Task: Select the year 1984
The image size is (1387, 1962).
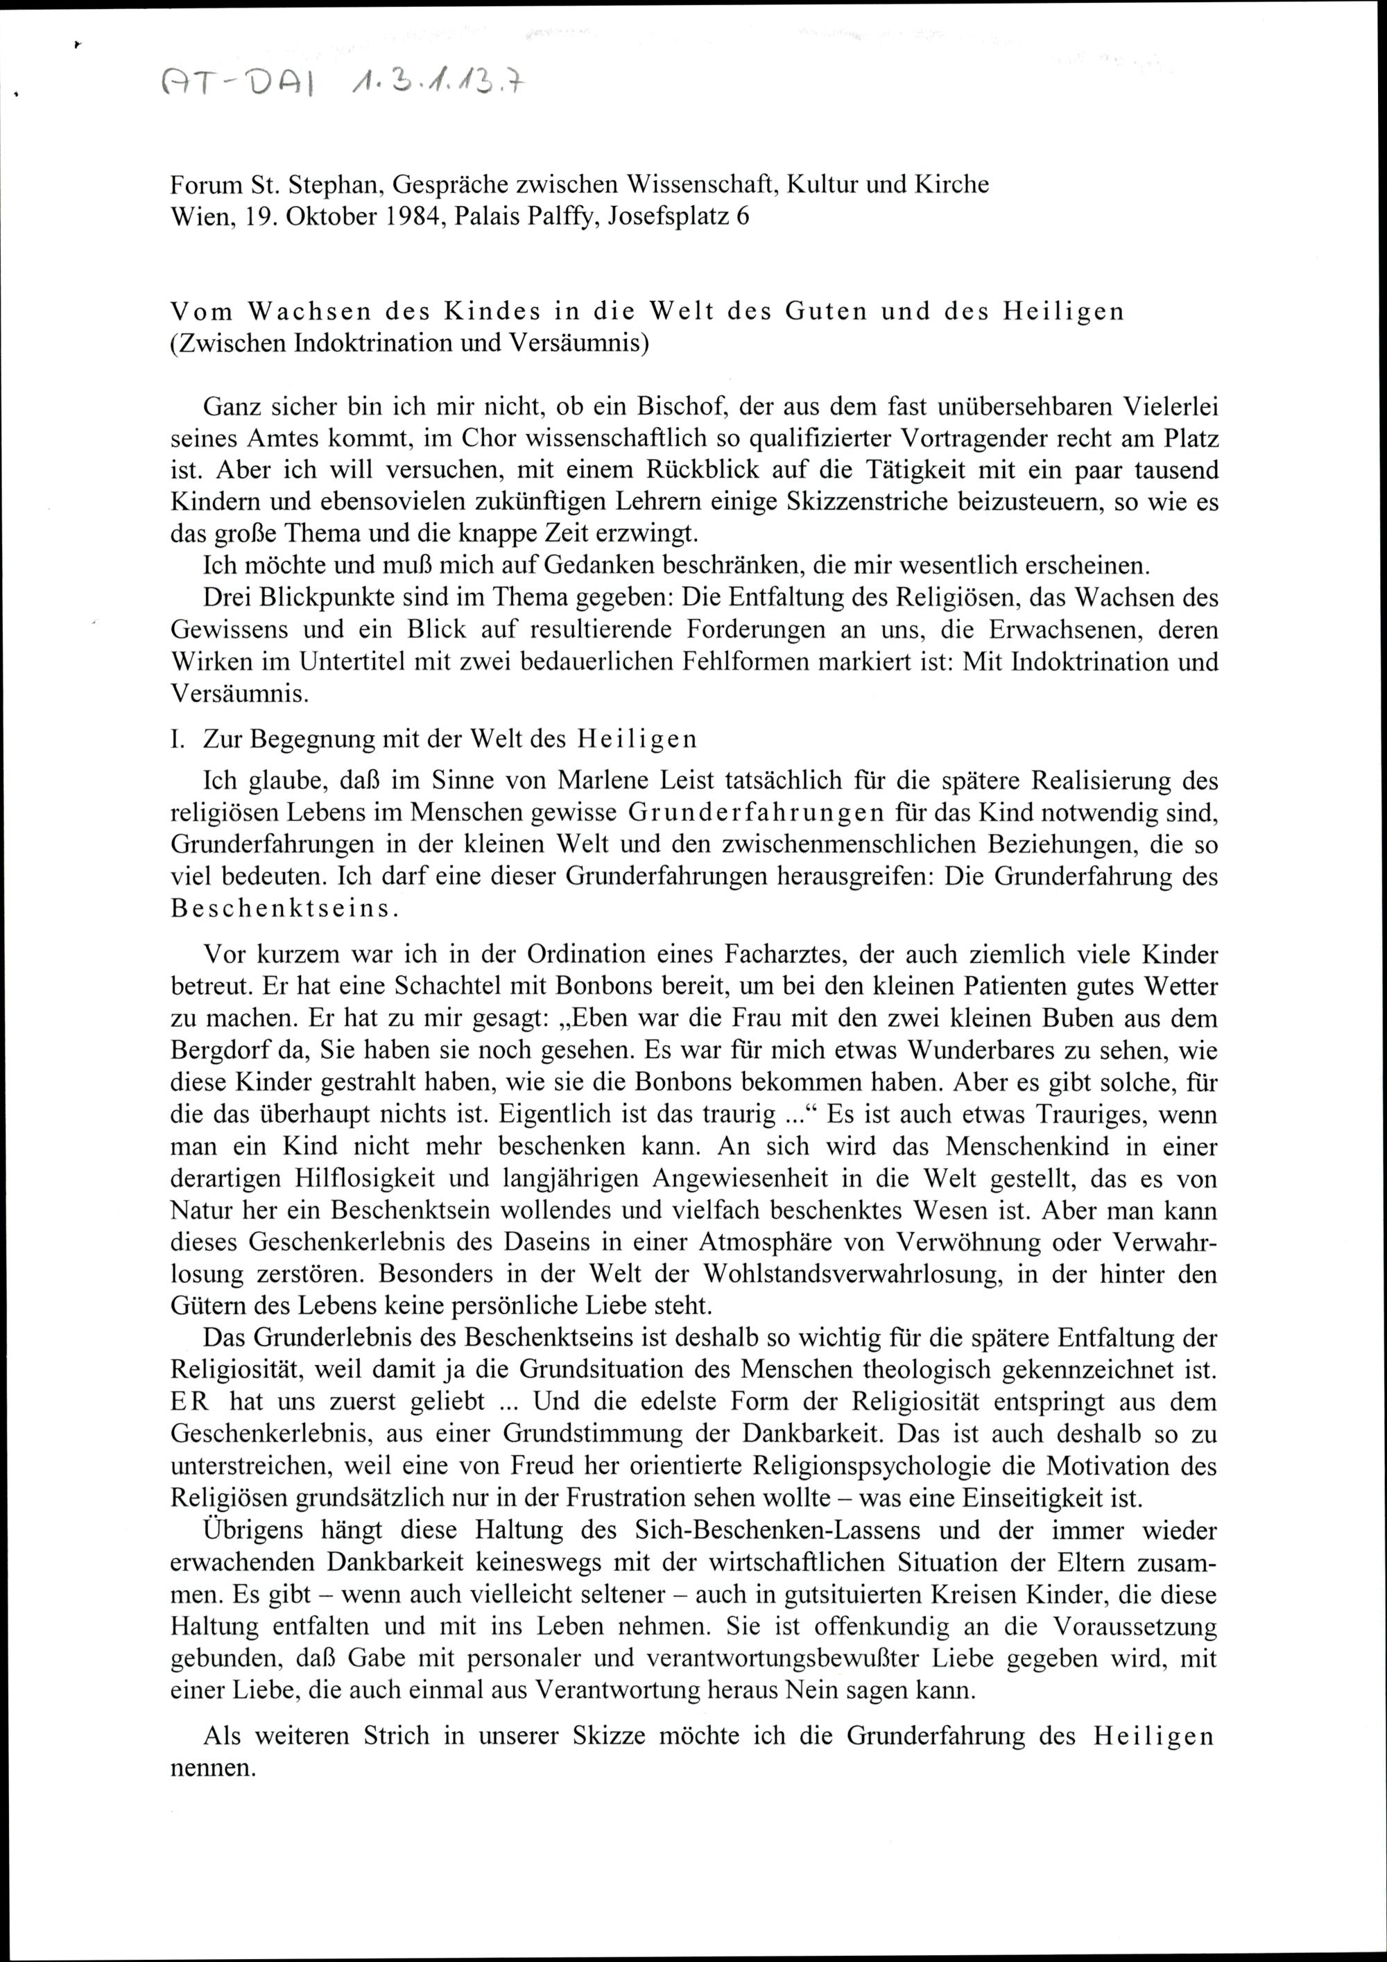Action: point(412,217)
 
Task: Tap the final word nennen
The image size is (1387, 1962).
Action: point(214,1767)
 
